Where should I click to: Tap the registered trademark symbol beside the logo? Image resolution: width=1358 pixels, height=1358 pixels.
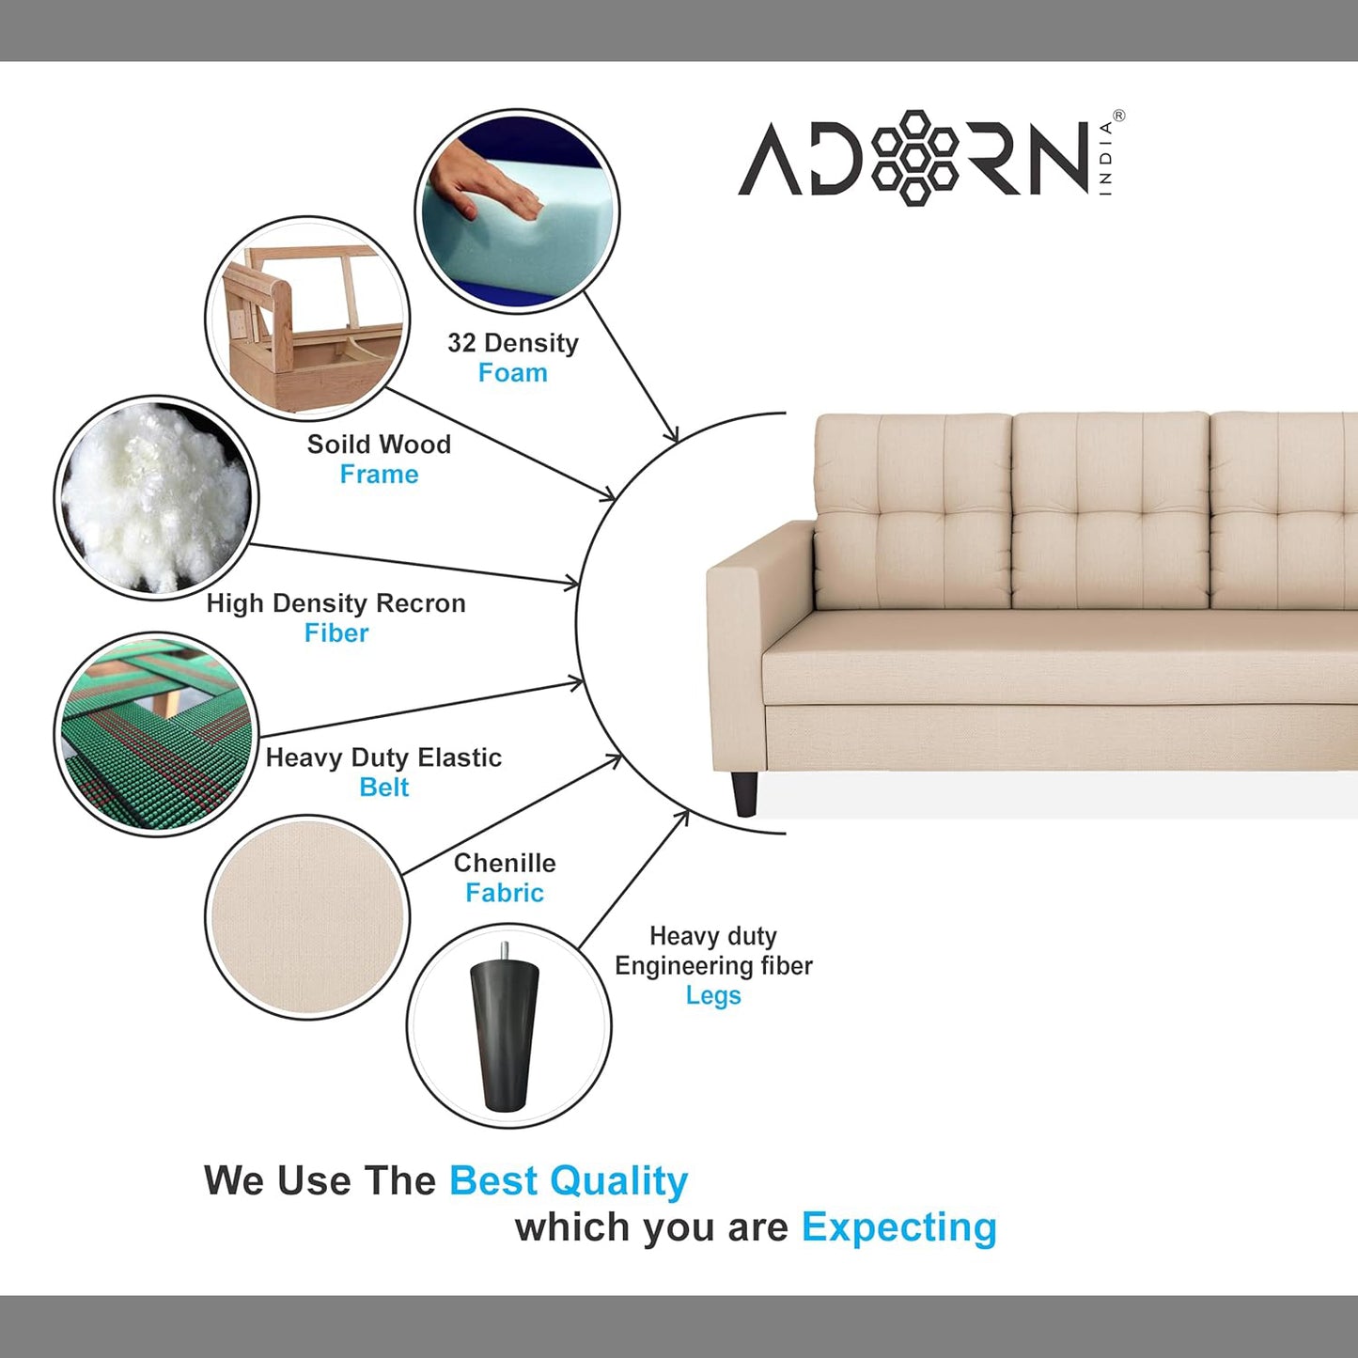(x=1118, y=116)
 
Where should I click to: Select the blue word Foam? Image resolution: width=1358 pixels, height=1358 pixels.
(x=513, y=373)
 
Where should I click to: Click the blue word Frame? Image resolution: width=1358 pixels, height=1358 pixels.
(x=379, y=475)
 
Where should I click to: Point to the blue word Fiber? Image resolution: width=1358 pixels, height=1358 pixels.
(x=336, y=632)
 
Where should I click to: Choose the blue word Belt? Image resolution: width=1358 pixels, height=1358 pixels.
(x=384, y=788)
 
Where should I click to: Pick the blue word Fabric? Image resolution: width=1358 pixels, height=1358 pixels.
(x=505, y=893)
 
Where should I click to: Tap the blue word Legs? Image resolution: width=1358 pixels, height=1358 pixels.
(x=713, y=996)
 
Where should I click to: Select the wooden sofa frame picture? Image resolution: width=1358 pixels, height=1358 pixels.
(x=308, y=319)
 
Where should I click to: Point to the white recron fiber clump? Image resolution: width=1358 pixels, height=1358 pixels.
(x=156, y=498)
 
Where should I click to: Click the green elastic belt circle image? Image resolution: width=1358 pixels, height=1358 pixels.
(x=156, y=734)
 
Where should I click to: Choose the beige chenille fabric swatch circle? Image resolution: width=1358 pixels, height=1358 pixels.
(x=307, y=917)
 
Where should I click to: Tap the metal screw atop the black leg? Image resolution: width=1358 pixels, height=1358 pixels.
(x=504, y=951)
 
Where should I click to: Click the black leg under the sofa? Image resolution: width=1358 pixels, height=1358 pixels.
(x=745, y=793)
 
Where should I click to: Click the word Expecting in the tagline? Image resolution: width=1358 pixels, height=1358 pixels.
(x=899, y=1227)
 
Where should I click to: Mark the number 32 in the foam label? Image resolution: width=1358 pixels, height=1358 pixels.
(x=461, y=343)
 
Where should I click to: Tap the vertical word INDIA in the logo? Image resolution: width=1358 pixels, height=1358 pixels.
(x=1106, y=159)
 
